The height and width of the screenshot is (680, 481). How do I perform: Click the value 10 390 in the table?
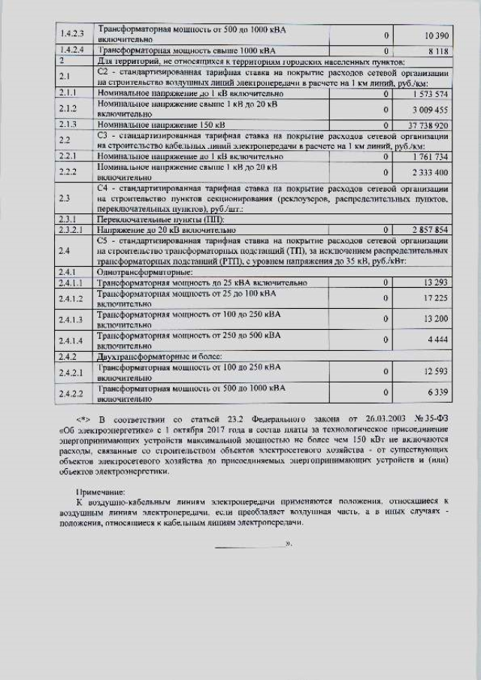pos(436,36)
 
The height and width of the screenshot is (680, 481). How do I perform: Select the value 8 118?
pos(439,51)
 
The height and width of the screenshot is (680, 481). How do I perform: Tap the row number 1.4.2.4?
pos(71,50)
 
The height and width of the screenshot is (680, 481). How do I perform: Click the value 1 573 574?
pos(431,94)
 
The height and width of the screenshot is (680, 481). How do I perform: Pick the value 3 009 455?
pos(431,109)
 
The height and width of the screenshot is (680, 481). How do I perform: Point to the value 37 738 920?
pos(428,124)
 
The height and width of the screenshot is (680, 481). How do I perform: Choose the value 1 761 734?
pos(431,157)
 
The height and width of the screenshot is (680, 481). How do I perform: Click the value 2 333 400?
pos(431,172)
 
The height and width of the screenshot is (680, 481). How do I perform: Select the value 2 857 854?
pos(431,228)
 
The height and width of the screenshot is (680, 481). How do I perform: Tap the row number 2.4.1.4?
pos(72,340)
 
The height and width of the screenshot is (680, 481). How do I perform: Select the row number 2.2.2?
pos(69,172)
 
